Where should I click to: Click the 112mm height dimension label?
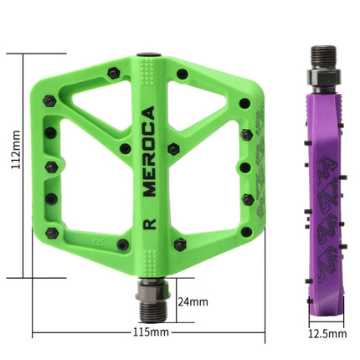16,149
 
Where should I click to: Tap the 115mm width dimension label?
151,332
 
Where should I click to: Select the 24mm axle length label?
193,301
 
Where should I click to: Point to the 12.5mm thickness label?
327,334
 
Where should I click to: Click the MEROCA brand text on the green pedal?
149,152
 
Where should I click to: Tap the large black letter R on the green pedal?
150,224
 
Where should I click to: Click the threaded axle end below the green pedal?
153,312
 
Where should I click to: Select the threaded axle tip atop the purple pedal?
324,57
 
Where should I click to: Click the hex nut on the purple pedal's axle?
324,76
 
